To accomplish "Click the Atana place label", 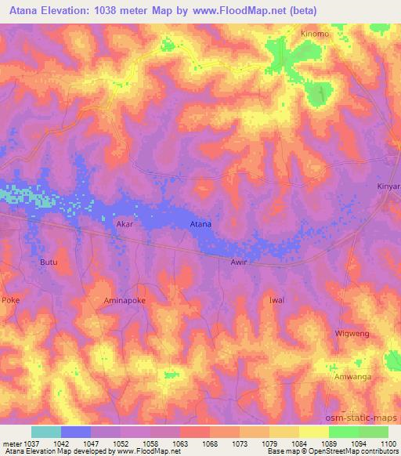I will coord(201,225).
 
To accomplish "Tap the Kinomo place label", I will coord(314,34).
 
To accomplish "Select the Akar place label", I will coord(125,223).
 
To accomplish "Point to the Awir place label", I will coord(239,262).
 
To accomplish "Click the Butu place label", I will coord(49,262).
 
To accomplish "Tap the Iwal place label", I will coord(298,300).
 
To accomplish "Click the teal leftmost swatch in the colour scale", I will coord(46,432).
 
